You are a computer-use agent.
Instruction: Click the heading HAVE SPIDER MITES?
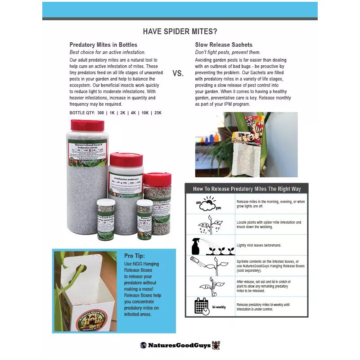point(180,31)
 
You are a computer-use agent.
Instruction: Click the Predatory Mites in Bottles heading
point(100,45)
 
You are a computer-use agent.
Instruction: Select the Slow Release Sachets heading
point(224,45)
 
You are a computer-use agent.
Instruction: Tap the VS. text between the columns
point(178,73)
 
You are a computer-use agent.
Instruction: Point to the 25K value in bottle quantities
point(157,112)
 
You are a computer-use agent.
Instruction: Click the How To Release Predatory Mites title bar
point(247,189)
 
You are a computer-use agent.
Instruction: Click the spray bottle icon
point(196,246)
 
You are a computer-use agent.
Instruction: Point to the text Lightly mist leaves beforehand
point(259,245)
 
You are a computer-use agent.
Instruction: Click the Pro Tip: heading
point(134,256)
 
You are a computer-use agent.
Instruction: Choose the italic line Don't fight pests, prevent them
point(227,53)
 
